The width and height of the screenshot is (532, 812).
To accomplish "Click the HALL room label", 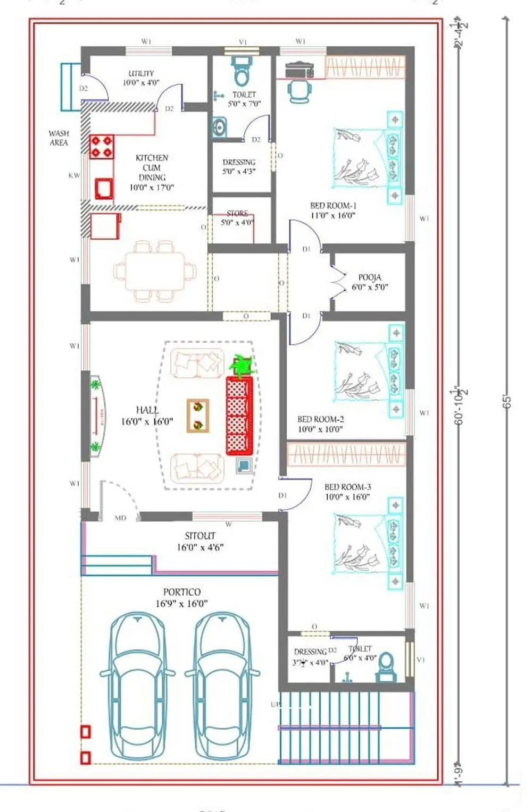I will pyautogui.click(x=147, y=410).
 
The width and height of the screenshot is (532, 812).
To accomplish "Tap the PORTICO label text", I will pyautogui.click(x=182, y=592).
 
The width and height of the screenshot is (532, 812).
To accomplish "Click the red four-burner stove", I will pyautogui.click(x=102, y=147).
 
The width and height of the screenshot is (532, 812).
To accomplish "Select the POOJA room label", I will pyautogui.click(x=370, y=277).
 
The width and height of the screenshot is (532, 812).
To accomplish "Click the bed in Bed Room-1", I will pyautogui.click(x=368, y=158).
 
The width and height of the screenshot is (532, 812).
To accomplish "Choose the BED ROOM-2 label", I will pyautogui.click(x=320, y=419).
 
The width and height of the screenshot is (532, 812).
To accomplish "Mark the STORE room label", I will pyautogui.click(x=237, y=214).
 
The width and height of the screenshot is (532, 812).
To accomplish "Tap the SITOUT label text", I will pyautogui.click(x=200, y=536).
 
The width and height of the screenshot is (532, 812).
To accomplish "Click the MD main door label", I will pyautogui.click(x=120, y=518).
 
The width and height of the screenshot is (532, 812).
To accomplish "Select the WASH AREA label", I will pyautogui.click(x=59, y=138).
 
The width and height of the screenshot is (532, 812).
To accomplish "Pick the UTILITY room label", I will pyautogui.click(x=141, y=73).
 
